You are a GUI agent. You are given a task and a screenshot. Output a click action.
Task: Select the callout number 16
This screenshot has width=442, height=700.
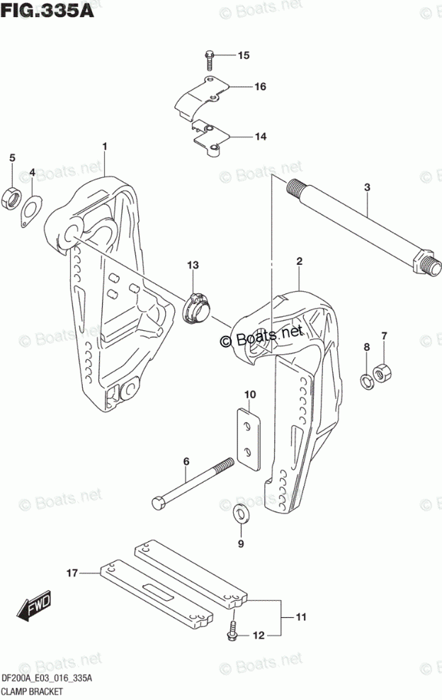pos(240,87)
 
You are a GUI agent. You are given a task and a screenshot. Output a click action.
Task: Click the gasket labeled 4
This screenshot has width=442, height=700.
pos(29,210)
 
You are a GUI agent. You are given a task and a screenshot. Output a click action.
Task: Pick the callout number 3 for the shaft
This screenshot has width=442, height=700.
pos(367,187)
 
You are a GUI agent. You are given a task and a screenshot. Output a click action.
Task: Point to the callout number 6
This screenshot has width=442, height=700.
pos(186,461)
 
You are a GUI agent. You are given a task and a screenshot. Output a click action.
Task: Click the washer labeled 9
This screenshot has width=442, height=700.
pos(241,514)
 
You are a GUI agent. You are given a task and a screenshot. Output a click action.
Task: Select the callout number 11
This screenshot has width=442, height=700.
pos(300,618)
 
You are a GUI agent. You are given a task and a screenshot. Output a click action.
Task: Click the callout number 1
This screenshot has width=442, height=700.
pos(104,147)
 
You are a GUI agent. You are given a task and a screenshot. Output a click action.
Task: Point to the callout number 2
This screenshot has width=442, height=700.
pos(300,262)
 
